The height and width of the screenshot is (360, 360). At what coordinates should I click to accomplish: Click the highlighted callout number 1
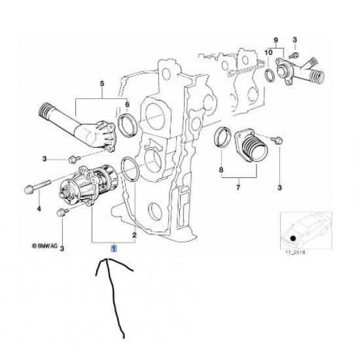[114, 249]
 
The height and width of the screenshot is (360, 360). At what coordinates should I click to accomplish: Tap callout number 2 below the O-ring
[135, 234]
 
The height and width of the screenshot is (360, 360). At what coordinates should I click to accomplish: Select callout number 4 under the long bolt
[39, 209]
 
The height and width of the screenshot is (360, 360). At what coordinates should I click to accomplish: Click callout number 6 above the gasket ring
[126, 105]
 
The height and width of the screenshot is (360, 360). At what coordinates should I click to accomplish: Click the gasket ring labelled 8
[223, 139]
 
